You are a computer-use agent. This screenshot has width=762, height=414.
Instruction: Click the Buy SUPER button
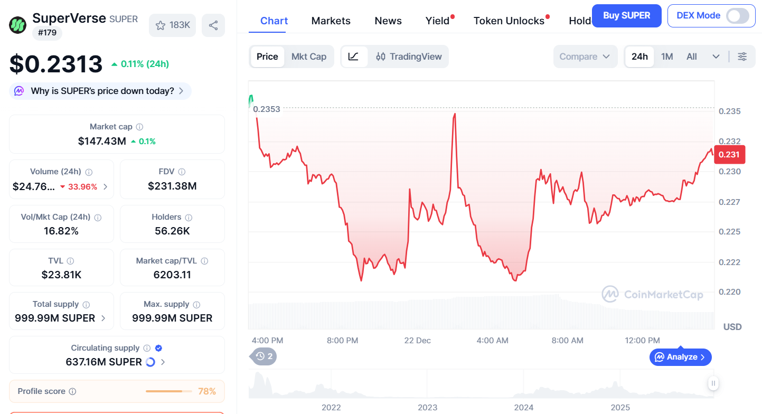[x=626, y=15]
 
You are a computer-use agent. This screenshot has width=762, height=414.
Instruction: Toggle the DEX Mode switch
[x=737, y=16]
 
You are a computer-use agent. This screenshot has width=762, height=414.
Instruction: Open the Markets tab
[x=331, y=21]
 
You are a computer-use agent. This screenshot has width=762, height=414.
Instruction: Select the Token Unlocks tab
[x=509, y=21]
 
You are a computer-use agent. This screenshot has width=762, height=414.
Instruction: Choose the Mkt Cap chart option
[x=309, y=57]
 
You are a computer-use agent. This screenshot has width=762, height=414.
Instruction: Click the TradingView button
[x=409, y=57]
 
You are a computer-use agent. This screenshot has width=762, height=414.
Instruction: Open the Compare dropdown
[x=585, y=57]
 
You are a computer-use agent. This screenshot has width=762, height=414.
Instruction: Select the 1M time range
[x=667, y=57]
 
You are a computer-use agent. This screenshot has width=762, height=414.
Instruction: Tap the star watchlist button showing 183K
[x=173, y=25]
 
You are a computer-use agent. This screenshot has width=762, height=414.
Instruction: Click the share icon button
[x=213, y=25]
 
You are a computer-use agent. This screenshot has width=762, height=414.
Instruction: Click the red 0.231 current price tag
[x=729, y=154]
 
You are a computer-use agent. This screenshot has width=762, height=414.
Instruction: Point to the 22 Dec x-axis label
[x=417, y=341]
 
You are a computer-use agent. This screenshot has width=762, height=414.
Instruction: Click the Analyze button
[x=681, y=357]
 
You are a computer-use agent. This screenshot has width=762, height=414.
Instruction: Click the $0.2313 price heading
[x=56, y=64]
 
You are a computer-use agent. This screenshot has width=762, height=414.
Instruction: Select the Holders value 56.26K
[x=172, y=231]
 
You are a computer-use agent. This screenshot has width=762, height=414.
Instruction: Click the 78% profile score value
[x=207, y=391]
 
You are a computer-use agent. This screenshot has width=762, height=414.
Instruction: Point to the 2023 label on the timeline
[x=427, y=407]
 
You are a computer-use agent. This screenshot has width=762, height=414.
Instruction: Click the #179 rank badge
[x=48, y=33]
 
